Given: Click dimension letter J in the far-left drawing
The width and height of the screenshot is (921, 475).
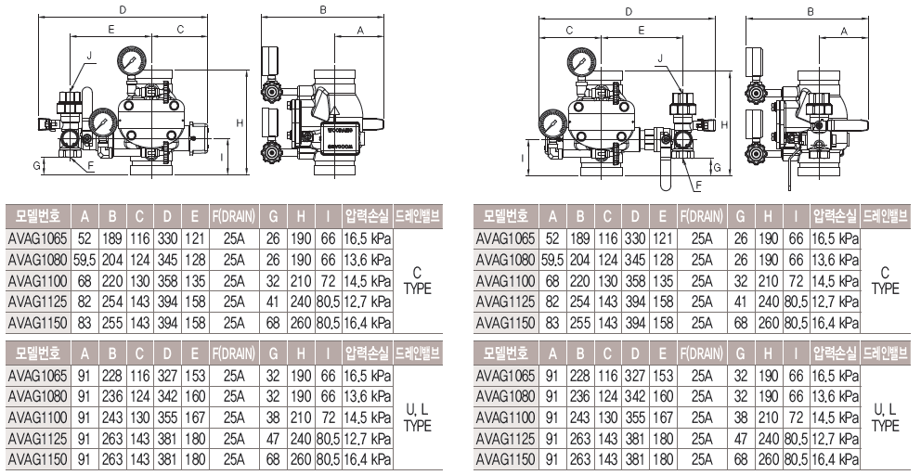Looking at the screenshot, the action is pos(89,56).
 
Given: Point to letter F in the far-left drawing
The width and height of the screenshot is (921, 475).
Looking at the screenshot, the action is pos(91,166).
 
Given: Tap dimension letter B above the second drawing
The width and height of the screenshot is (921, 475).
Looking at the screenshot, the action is pos(323,9).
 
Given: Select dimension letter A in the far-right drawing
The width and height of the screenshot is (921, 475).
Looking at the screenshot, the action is pos(844,31).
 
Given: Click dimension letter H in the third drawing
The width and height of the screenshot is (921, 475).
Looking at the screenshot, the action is pos(724,124).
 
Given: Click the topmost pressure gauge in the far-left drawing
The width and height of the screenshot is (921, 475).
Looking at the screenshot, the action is pos(132,60).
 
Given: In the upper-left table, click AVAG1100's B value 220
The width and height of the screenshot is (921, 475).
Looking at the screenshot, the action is pos(112,281).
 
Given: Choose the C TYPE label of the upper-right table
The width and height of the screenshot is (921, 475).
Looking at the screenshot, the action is pos(885,281).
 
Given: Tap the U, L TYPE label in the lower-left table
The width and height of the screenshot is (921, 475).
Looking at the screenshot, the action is pos(418,417).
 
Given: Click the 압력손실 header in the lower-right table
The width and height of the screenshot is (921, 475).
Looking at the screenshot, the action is pos(836,353).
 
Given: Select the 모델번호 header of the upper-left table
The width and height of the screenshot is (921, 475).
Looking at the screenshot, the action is pos(38,216).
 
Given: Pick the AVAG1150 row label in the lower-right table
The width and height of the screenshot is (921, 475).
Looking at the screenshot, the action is pos(506,459).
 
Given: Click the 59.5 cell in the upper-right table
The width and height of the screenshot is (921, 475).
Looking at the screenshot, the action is pos(552,260).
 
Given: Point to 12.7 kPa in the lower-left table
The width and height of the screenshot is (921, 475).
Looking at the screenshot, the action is pos(368,439).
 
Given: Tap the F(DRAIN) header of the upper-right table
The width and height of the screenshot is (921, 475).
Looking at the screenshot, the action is pos(702,216).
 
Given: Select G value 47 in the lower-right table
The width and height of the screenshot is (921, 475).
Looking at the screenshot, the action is pos(741,439).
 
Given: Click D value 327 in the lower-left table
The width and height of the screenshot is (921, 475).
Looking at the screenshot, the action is pos(167,375).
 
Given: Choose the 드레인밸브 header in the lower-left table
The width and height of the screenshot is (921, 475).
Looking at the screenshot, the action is pos(418,353).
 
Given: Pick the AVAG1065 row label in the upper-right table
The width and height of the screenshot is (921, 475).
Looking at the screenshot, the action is pos(506,238).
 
